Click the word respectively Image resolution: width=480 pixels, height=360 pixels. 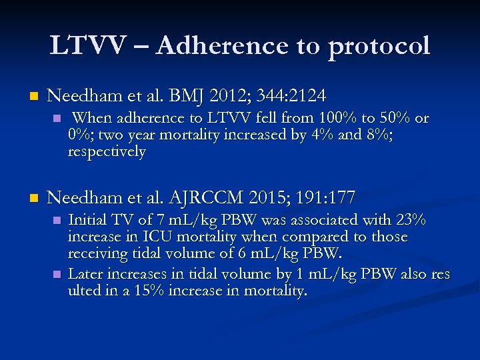pos(107,151)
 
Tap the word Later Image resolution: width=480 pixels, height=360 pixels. pos(85,273)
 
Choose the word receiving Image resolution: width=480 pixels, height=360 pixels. pos(97,254)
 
